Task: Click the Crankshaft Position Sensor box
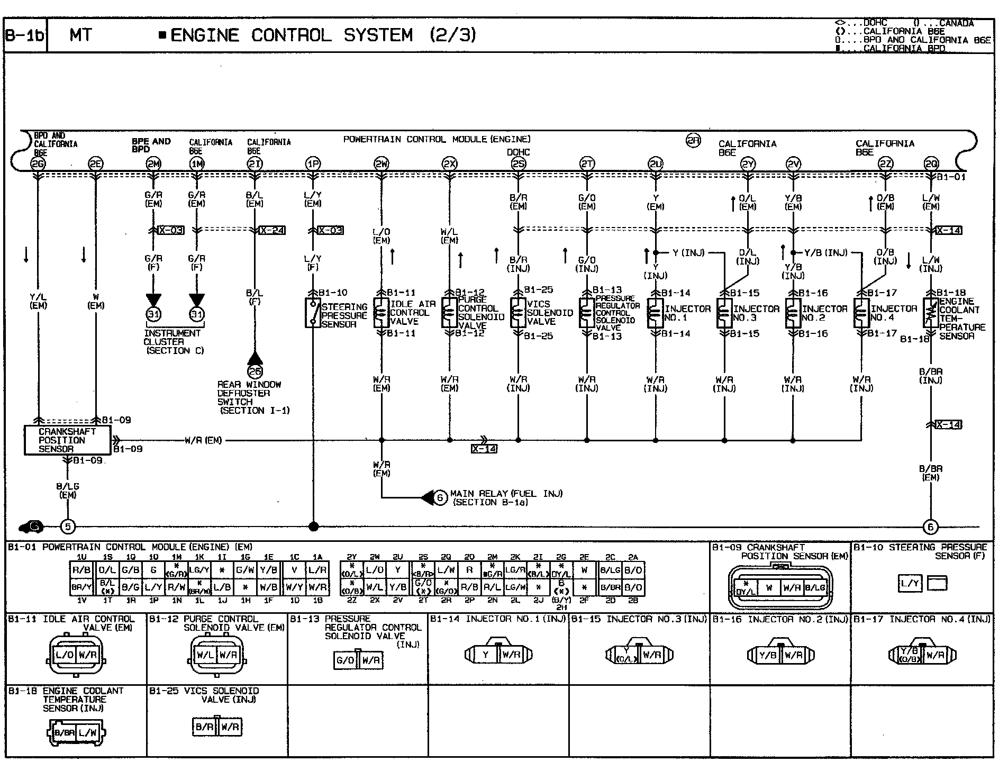pyautogui.click(x=67, y=440)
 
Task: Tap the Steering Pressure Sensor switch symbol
pyautogui.click(x=313, y=313)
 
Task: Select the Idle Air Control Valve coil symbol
pyautogui.click(x=381, y=313)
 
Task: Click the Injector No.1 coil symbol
pyautogui.click(x=655, y=313)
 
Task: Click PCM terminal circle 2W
pyautogui.click(x=381, y=164)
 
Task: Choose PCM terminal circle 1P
pyautogui.click(x=313, y=164)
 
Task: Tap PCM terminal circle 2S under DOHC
pyautogui.click(x=519, y=164)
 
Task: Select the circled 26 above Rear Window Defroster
pyautogui.click(x=255, y=371)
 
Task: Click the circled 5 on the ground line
pyautogui.click(x=68, y=527)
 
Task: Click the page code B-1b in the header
pyautogui.click(x=25, y=35)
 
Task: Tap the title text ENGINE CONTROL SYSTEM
pyautogui.click(x=292, y=35)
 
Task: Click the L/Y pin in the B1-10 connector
pyautogui.click(x=910, y=584)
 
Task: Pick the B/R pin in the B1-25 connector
pyautogui.click(x=205, y=727)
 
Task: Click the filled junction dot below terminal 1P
pyautogui.click(x=313, y=527)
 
